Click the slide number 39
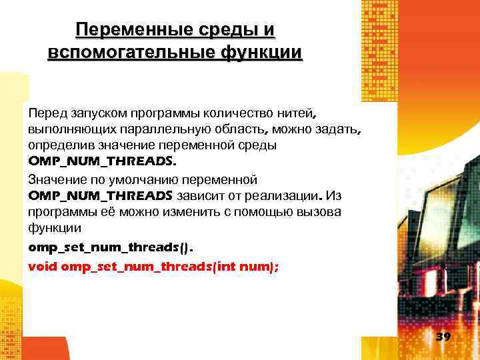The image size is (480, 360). [443, 337]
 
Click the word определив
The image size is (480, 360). [57, 145]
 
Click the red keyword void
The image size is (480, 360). [43, 265]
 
